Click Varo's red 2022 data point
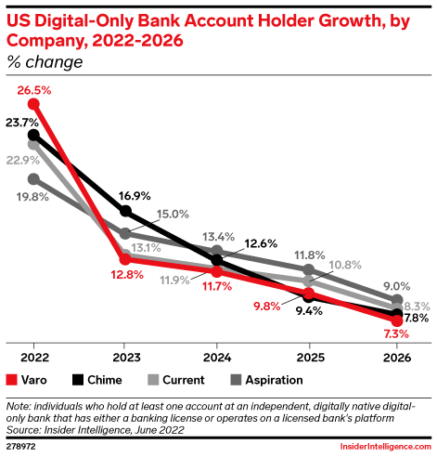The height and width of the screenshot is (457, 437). click(33, 104)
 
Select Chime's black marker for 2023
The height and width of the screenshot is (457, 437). click(125, 211)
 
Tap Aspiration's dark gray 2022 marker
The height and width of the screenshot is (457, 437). click(33, 179)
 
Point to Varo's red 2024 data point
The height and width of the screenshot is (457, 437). click(217, 271)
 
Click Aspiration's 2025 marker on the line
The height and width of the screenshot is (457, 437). click(308, 269)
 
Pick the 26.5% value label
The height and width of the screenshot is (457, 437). click(34, 90)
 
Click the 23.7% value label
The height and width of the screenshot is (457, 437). click(22, 123)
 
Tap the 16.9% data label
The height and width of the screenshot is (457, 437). click(135, 196)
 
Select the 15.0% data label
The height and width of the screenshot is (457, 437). click(173, 214)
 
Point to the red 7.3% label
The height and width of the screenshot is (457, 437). click(396, 334)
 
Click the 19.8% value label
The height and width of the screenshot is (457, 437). click(32, 197)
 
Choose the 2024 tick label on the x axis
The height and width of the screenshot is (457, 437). click(217, 358)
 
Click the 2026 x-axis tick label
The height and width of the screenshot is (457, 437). click(397, 358)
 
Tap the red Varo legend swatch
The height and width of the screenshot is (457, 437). click(11, 380)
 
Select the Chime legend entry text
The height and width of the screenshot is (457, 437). click(105, 380)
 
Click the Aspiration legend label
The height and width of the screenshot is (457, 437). click(274, 380)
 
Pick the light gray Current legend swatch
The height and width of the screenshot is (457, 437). click(153, 380)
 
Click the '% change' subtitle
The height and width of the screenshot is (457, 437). click(45, 62)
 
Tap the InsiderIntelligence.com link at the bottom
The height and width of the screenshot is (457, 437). click(386, 447)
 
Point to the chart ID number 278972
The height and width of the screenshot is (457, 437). click(20, 447)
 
